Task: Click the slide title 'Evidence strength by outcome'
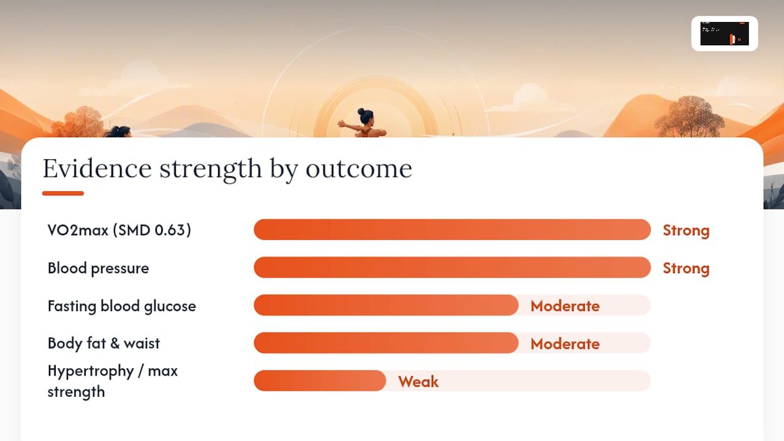pos(227,169)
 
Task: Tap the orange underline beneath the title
pos(63,193)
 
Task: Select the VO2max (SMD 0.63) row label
pos(119,230)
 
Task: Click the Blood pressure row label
pos(99,268)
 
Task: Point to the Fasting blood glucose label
pos(122,306)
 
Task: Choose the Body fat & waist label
pos(104,344)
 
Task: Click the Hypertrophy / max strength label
pos(113,381)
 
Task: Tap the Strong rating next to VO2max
pos(686,230)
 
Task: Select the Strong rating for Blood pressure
pos(686,268)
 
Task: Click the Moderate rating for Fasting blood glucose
pos(565,306)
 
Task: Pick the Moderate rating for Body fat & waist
pos(565,344)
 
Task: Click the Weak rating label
pos(418,382)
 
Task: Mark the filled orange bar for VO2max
pos(452,230)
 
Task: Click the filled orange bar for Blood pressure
pos(452,268)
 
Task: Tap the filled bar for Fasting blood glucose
pos(386,305)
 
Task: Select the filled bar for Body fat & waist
pos(386,343)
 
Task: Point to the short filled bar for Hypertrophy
pos(320,381)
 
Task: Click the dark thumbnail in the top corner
pos(725,34)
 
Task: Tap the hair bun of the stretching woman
pos(361,111)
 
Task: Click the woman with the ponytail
pos(118,132)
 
